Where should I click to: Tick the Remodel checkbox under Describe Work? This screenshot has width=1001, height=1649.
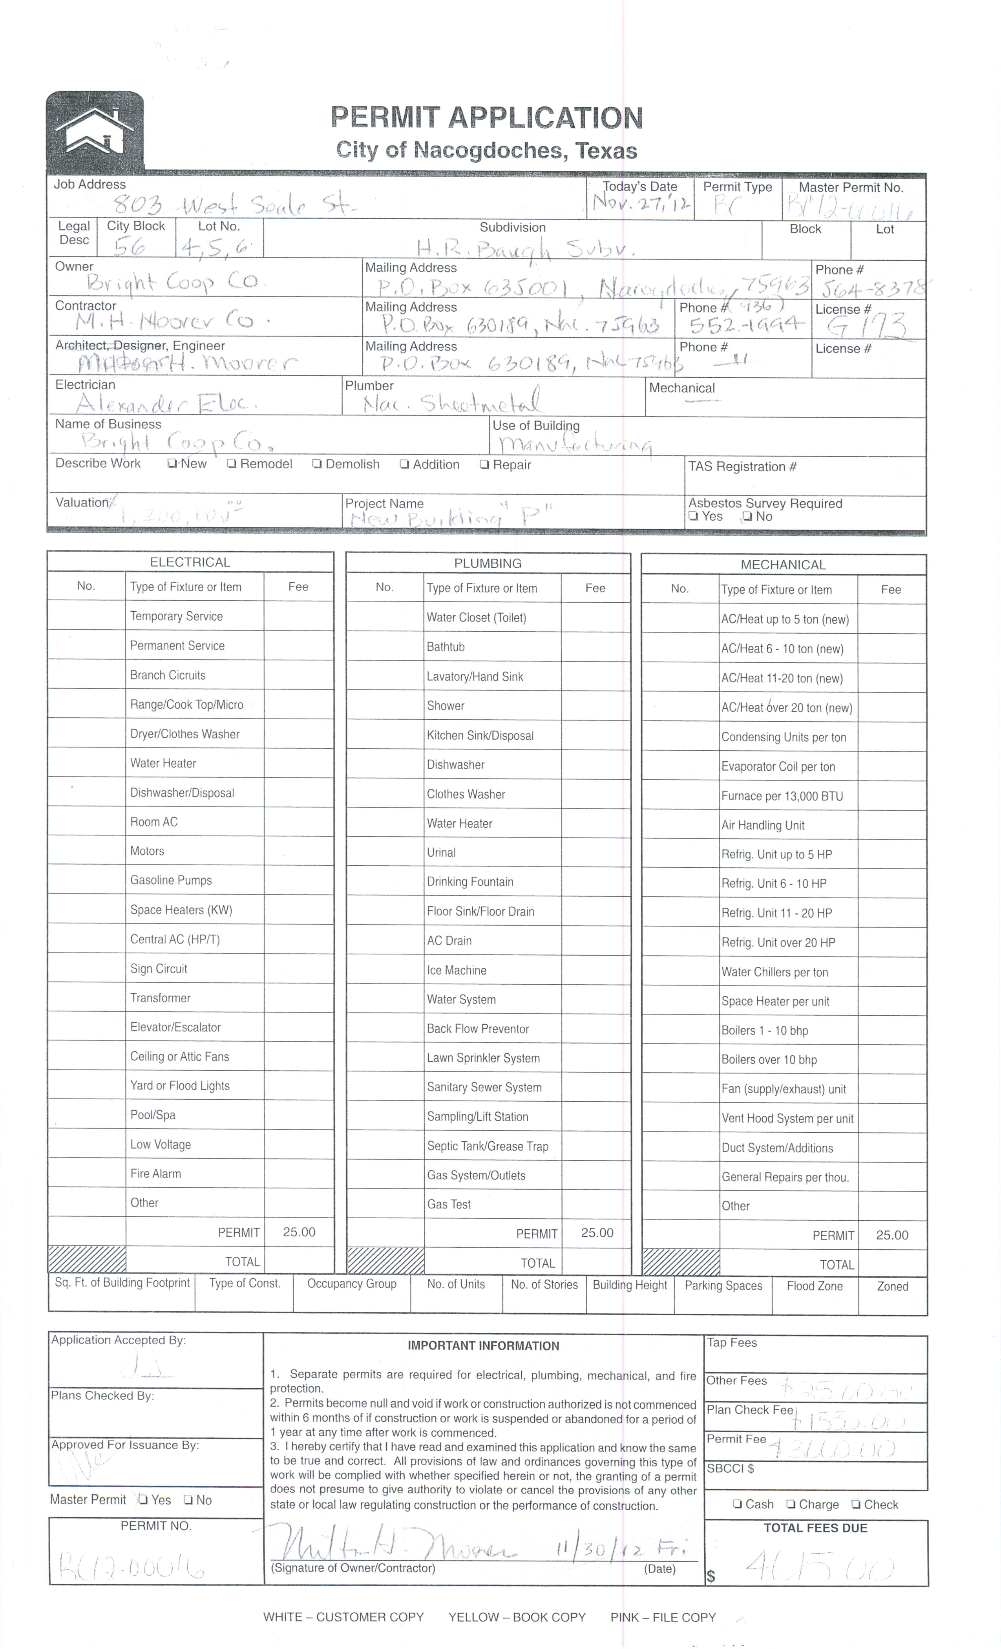click(x=232, y=463)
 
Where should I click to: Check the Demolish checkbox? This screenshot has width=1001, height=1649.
click(x=317, y=464)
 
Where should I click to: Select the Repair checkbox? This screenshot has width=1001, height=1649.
click(x=484, y=464)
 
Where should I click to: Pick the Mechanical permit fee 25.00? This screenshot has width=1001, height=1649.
click(x=892, y=1236)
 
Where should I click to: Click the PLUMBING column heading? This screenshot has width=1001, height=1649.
click(x=488, y=563)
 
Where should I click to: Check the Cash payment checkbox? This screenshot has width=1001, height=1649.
click(x=737, y=1505)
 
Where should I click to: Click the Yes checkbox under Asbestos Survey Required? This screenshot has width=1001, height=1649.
click(x=693, y=517)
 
